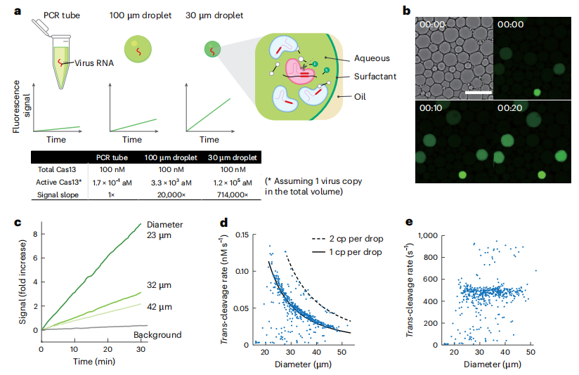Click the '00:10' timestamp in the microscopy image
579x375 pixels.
pyautogui.click(x=431, y=110)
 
